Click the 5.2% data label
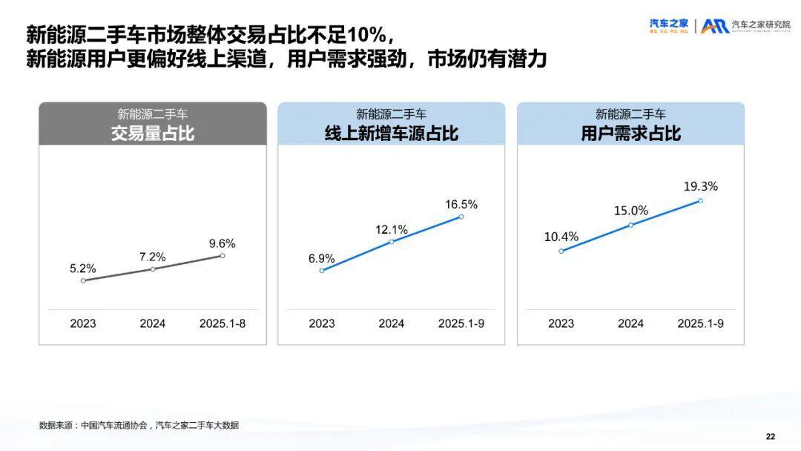[83, 269]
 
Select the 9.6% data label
[222, 243]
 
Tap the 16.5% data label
[461, 204]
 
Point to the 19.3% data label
[701, 186]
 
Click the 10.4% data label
[561, 237]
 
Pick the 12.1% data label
[392, 229]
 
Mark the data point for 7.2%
[153, 269]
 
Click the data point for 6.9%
[322, 271]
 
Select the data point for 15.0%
[631, 225]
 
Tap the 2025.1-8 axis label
[222, 323]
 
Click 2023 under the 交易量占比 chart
[83, 323]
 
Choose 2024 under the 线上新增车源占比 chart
[392, 323]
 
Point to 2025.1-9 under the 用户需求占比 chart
[701, 323]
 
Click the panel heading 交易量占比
[153, 134]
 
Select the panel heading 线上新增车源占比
[392, 134]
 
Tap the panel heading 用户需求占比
[631, 134]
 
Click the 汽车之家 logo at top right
[669, 25]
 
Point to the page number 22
[770, 435]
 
